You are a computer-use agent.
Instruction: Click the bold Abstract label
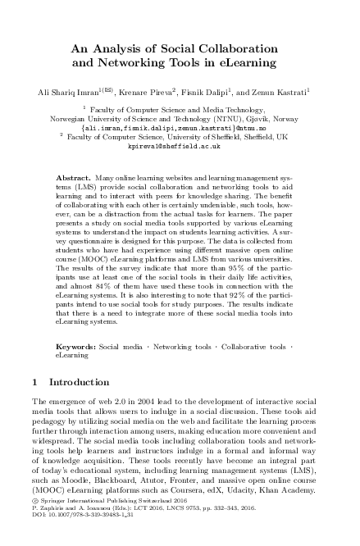click(73, 176)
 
